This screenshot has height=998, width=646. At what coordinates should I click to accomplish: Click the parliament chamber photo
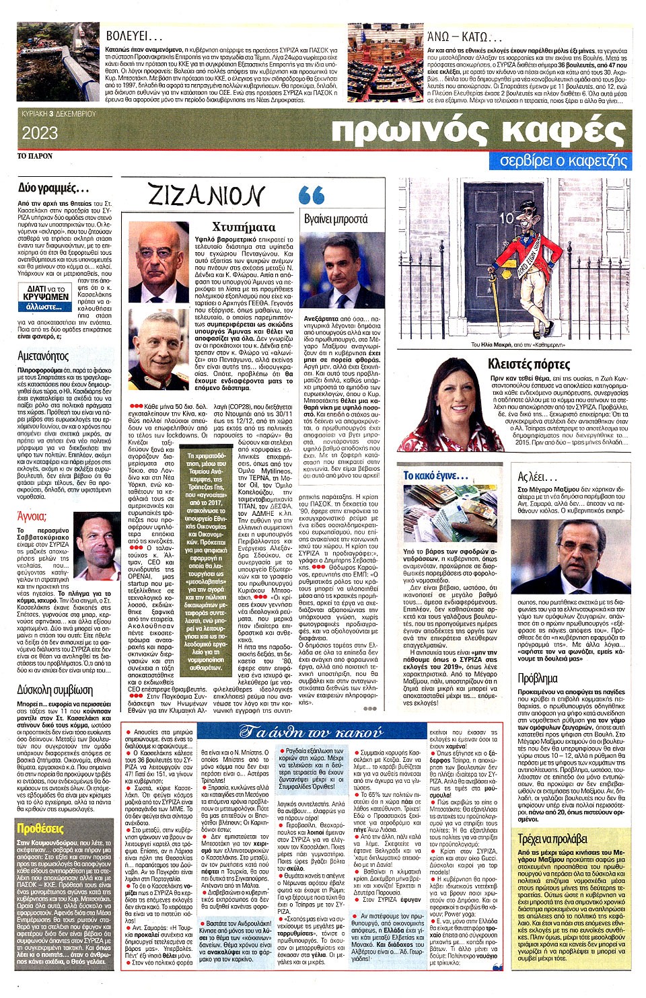385,63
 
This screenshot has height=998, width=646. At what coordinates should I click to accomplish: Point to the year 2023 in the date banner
40,133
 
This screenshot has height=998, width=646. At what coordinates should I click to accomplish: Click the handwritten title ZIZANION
205,195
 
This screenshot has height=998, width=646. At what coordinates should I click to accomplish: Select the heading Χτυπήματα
244,227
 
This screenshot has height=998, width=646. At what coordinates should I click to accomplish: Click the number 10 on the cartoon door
506,218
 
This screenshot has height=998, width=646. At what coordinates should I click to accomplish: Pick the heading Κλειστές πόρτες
528,364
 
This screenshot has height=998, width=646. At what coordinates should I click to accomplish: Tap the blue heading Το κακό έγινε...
435,475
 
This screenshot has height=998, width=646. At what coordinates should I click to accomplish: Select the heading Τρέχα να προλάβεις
552,839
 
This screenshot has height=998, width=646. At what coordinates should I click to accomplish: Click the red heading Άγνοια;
32,516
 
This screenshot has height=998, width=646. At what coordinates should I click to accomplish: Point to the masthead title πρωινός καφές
478,131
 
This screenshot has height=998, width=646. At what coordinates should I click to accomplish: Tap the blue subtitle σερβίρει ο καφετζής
563,161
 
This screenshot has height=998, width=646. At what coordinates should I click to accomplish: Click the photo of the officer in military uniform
159,350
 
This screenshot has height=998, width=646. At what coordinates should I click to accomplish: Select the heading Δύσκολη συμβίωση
55,690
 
